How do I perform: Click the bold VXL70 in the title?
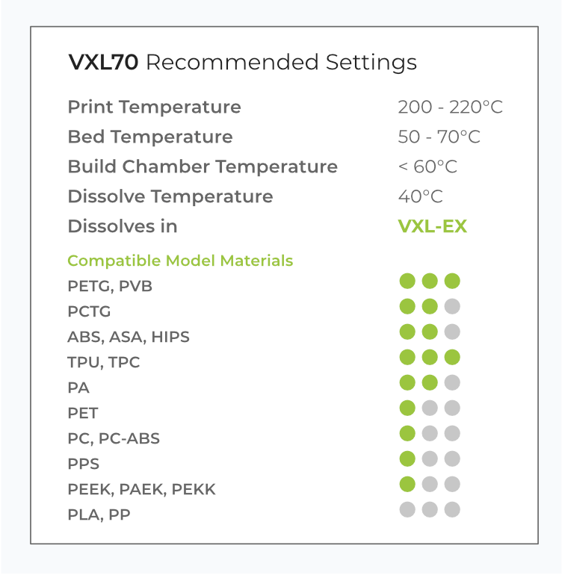point(103,62)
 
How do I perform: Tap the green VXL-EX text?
point(433,226)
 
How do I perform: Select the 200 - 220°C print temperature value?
point(450,107)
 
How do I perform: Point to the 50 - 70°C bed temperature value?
point(439,137)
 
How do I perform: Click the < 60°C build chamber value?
point(427,167)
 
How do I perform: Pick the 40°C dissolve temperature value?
point(421,196)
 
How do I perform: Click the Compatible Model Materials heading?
point(180,261)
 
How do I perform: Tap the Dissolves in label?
point(123,226)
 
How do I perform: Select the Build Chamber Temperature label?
point(203,167)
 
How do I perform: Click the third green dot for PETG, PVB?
point(452,281)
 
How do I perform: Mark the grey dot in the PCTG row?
point(452,306)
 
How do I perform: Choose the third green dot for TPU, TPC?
point(452,357)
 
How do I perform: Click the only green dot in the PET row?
point(407,408)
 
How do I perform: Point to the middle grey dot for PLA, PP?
point(430,509)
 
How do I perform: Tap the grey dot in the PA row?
point(452,382)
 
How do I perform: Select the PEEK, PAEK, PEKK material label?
point(142,490)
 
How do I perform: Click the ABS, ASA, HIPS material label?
point(129,337)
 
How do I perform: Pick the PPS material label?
point(84,464)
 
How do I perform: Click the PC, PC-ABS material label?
point(114,438)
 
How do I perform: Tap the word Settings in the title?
point(371,63)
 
